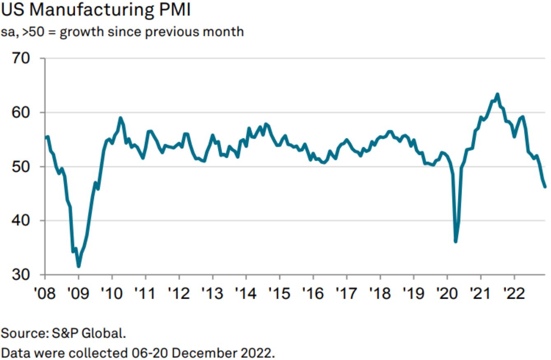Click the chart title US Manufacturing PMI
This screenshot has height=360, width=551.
coord(96,10)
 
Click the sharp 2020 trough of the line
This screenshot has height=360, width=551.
coord(455,241)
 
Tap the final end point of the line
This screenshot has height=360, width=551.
coord(545,187)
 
